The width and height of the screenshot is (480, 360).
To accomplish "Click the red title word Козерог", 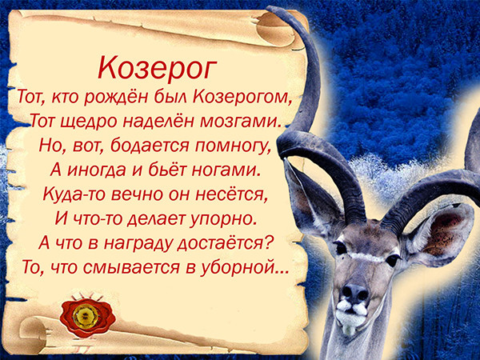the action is [x=157, y=68].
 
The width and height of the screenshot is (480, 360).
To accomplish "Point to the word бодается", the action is [x=150, y=145].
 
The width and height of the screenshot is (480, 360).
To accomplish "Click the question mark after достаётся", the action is [x=268, y=242].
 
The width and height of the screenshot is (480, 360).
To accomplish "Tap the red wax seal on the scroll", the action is [x=87, y=315].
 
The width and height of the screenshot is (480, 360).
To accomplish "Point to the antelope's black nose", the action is [x=354, y=292].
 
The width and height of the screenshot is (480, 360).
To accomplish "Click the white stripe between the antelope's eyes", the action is [x=366, y=257].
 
